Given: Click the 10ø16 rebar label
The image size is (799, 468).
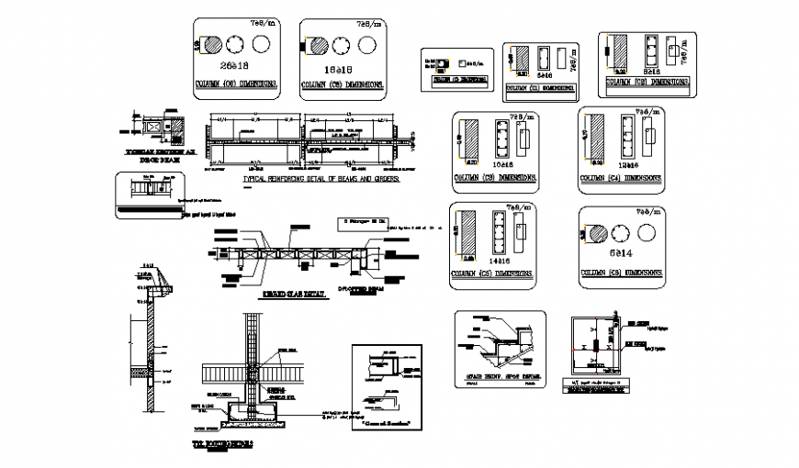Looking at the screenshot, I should [x=502, y=163].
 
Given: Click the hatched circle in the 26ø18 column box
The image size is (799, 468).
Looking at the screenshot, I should [x=210, y=44].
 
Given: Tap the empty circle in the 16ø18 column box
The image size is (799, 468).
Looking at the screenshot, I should [x=369, y=45].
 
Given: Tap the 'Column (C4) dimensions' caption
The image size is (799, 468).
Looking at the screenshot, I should [x=622, y=180].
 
